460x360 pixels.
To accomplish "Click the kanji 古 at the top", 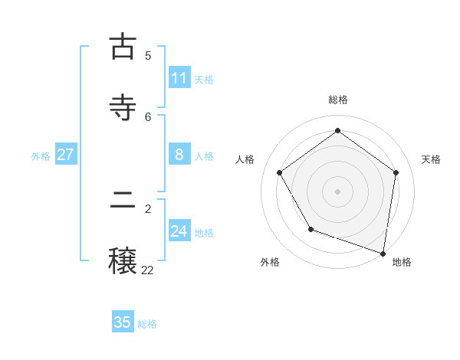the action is pos(123,47).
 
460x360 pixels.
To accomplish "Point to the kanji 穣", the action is pos(123,261).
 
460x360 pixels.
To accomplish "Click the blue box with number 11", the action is pos(179,78).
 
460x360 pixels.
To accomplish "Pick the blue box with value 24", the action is pos(179,231).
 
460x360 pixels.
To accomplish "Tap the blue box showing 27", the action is pos(65,155).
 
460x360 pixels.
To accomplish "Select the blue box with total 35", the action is pos(123,322).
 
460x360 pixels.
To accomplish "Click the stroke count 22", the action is pos(147,270).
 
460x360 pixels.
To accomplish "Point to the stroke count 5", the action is pos(148,55).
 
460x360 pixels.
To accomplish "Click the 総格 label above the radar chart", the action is pos(338,100).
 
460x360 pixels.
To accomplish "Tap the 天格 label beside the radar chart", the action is pos(431,159).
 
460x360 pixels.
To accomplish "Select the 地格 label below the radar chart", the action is pos(402,262).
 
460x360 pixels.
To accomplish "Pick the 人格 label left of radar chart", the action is pos(245,159).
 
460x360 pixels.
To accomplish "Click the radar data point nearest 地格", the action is pos(383,253).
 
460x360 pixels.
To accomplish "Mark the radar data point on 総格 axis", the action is pos(337,131).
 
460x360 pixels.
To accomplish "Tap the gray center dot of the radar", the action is pos(337,191).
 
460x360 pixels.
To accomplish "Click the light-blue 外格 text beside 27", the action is pos(41,155).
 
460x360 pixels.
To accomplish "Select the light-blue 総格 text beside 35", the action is pos(147,323).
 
